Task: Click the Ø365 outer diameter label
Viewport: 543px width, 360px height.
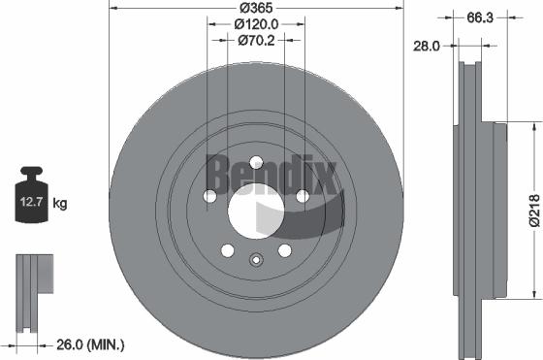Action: pyautogui.click(x=255, y=9)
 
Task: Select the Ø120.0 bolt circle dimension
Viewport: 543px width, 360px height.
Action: pyautogui.click(x=255, y=24)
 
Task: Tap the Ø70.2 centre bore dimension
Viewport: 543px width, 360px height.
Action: pyautogui.click(x=255, y=41)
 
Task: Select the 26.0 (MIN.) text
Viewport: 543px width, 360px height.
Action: pyautogui.click(x=93, y=344)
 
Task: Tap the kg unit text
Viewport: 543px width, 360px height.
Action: pyautogui.click(x=60, y=204)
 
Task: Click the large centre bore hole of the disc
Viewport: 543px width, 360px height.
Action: pyautogui.click(x=255, y=210)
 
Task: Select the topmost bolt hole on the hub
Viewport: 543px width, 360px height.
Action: pyautogui.click(x=255, y=163)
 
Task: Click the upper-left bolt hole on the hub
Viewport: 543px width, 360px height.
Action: pyautogui.click(x=209, y=196)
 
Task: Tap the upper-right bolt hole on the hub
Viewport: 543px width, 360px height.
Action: pyautogui.click(x=302, y=196)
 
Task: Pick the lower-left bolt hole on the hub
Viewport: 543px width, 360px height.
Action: pyautogui.click(x=227, y=249)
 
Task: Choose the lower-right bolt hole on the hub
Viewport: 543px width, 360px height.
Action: pyautogui.click(x=284, y=249)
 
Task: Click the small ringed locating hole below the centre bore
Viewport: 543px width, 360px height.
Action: pyautogui.click(x=255, y=259)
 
